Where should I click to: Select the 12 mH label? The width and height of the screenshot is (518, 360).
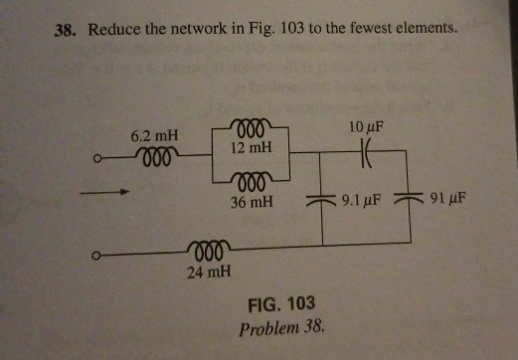tap(251, 147)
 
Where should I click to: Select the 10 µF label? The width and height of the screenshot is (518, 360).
tap(366, 127)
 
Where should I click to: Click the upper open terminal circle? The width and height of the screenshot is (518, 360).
tap(97, 157)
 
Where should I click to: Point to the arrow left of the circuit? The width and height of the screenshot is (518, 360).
tap(107, 194)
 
